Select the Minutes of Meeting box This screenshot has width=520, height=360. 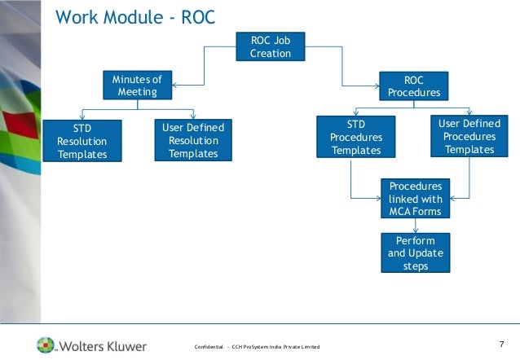pyautogui.click(x=137, y=86)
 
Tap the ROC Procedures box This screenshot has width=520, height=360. pyautogui.click(x=413, y=86)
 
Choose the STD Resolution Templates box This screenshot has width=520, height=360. pyautogui.click(x=82, y=142)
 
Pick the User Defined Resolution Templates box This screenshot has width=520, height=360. pyautogui.click(x=193, y=141)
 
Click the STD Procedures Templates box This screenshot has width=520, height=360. pyautogui.click(x=355, y=137)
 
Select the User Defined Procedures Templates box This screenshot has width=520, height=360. pyautogui.click(x=469, y=136)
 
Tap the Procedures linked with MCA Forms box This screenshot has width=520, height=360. pyautogui.click(x=415, y=199)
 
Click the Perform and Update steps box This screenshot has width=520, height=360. pyautogui.click(x=415, y=252)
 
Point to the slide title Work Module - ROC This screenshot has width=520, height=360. pyautogui.click(x=134, y=17)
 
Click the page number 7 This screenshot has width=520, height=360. pyautogui.click(x=501, y=344)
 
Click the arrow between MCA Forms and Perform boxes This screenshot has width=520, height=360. pyautogui.click(x=415, y=226)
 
